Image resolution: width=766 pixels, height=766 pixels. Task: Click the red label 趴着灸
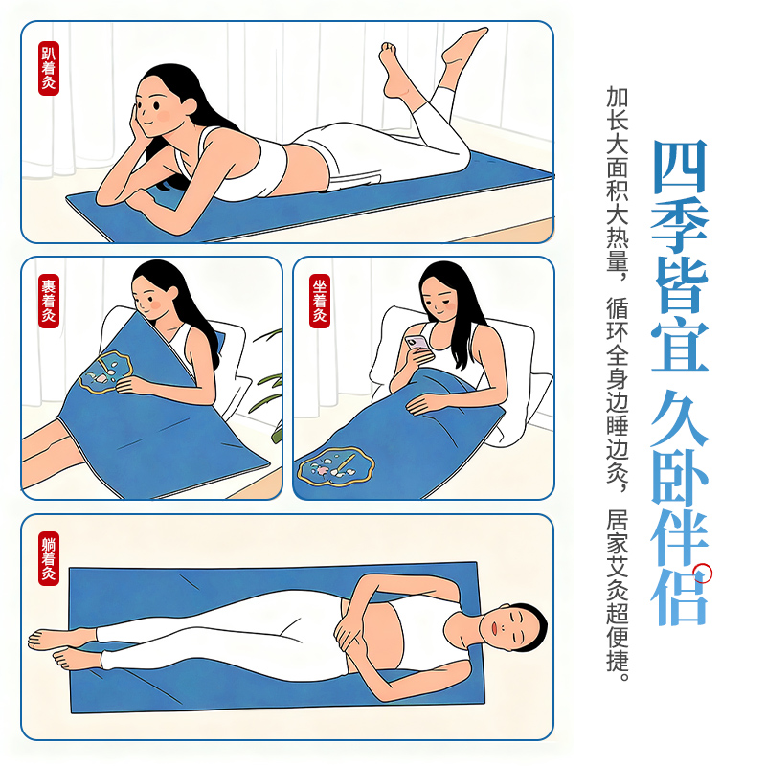tap(49, 68)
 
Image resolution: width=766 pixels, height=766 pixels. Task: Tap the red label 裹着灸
tap(49, 301)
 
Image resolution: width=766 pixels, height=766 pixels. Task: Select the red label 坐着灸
tap(320, 301)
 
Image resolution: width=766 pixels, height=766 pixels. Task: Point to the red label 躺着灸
tap(49, 558)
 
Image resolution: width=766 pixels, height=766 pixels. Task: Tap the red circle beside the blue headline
tap(703, 574)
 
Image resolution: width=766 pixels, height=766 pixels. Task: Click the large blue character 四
tap(680, 166)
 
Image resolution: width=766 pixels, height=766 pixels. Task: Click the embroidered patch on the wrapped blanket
tap(106, 372)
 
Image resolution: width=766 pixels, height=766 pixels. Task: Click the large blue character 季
tap(680, 226)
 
